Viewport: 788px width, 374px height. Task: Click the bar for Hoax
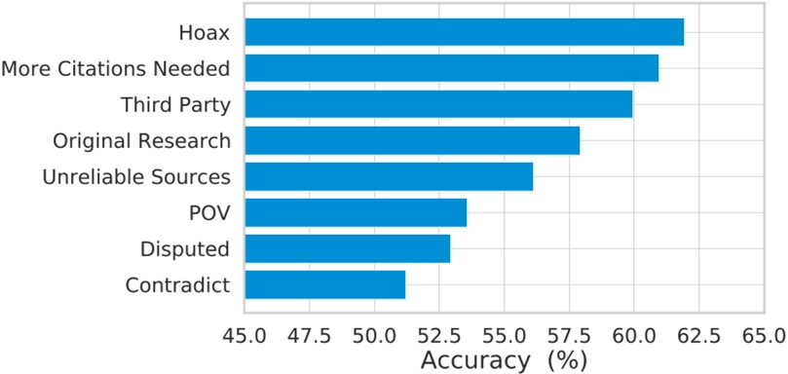click(464, 32)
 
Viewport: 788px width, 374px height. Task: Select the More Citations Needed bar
click(451, 68)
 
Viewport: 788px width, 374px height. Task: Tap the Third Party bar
click(438, 104)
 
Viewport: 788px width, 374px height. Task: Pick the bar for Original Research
click(412, 140)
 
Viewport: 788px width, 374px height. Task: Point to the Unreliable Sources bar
click(389, 176)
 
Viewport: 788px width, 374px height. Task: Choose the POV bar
click(356, 212)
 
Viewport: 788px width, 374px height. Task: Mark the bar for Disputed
click(347, 248)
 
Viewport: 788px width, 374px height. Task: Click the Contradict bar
click(324, 284)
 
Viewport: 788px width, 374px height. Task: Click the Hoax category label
click(204, 33)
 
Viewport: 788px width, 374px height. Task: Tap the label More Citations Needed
click(116, 69)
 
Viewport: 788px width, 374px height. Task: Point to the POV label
click(209, 213)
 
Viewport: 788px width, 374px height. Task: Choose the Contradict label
click(177, 285)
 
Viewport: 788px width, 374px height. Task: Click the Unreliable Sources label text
click(136, 177)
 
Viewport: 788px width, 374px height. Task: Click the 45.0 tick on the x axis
click(244, 336)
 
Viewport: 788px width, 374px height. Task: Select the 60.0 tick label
click(633, 336)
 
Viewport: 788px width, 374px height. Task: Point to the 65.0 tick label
click(762, 336)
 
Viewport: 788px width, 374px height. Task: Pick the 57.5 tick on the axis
click(568, 336)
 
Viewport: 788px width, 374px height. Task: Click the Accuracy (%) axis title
click(504, 359)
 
